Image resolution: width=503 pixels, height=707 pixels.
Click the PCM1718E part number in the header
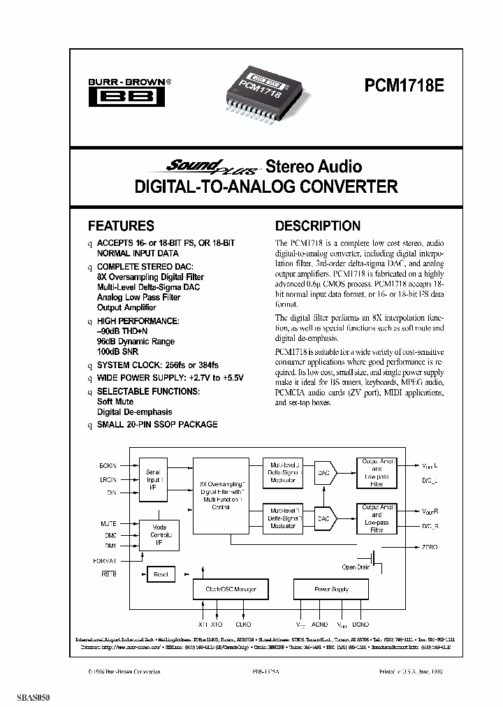pos(404,86)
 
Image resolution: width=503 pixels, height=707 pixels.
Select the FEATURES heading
pos(121,226)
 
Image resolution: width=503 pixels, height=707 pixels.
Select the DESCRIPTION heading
pos(318,226)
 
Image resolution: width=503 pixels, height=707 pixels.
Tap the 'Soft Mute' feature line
pos(115,402)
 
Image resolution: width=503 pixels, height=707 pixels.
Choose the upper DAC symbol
pos(324,472)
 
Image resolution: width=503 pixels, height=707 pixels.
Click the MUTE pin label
pos(109,523)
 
